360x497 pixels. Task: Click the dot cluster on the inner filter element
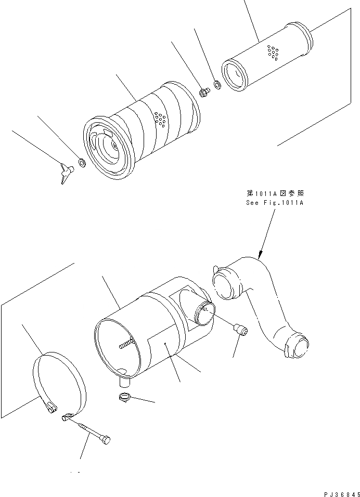tap(272, 51)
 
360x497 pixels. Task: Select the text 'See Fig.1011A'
tap(274, 203)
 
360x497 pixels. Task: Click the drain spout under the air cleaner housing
tap(125, 381)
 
